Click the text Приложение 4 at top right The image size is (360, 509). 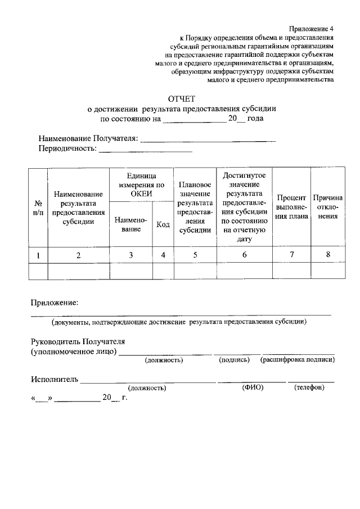pyautogui.click(x=312, y=29)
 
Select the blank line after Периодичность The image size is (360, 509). pyautogui.click(x=146, y=150)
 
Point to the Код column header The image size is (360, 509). pyautogui.click(x=163, y=224)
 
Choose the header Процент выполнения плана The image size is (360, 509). pyautogui.click(x=291, y=207)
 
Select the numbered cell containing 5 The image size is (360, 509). pyautogui.click(x=195, y=255)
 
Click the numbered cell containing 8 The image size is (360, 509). pyautogui.click(x=328, y=255)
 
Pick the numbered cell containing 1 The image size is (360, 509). pyautogui.click(x=38, y=255)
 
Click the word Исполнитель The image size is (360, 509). pyautogui.click(x=54, y=380)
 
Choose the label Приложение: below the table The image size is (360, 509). pyautogui.click(x=54, y=303)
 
